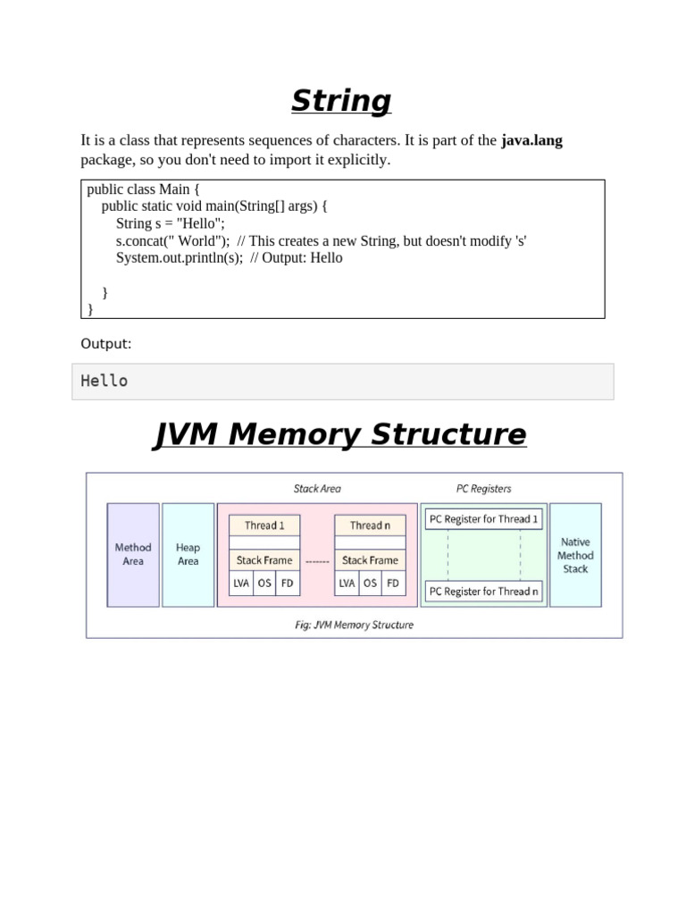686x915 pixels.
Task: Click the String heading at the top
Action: pos(341,101)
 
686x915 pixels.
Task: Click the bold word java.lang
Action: pos(531,140)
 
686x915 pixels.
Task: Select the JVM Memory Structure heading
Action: pos(340,435)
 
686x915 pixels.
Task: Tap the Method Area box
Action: pos(133,554)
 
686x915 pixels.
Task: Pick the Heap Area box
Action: pos(188,554)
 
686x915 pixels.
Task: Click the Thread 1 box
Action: pos(264,525)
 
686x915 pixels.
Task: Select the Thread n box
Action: pos(370,525)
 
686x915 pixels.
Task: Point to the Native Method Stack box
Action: pos(575,555)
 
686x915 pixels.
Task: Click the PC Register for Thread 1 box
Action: pos(483,519)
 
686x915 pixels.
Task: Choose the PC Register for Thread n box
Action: pos(483,591)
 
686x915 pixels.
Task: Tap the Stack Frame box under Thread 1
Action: pos(264,560)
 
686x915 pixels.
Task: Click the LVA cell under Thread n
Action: pos(347,583)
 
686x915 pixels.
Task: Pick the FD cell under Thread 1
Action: pos(287,583)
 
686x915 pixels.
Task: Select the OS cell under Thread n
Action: pos(370,583)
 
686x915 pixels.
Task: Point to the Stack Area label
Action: pos(317,489)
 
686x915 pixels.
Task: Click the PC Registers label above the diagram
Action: pos(483,489)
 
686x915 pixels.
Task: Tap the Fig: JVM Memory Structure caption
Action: pos(354,625)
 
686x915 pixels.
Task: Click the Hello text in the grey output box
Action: pos(105,381)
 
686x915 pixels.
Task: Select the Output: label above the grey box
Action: pos(105,343)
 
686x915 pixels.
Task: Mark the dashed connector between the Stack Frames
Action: pos(317,561)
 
